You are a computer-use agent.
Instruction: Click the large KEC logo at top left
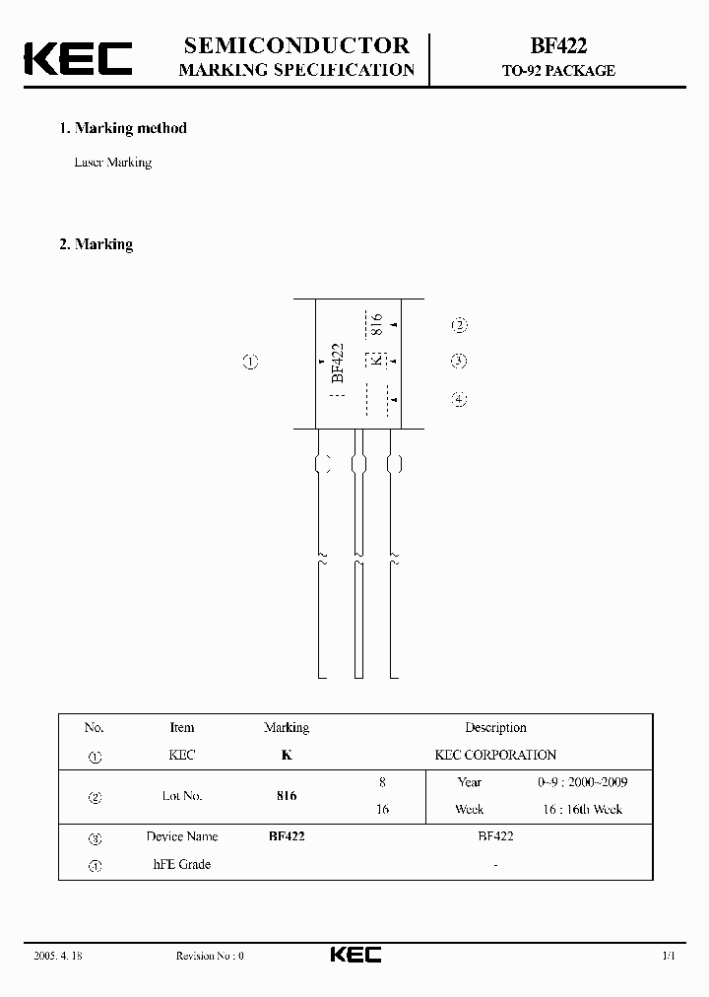pos(77,58)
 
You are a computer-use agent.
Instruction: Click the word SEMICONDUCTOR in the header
pos(296,45)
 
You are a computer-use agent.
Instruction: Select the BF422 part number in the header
pos(558,45)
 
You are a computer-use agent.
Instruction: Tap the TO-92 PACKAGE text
pos(558,71)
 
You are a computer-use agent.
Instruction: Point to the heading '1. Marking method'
pos(123,128)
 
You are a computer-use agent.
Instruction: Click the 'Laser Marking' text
pos(113,163)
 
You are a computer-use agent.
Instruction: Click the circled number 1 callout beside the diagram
pos(250,362)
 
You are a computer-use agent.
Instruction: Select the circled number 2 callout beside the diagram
pos(459,326)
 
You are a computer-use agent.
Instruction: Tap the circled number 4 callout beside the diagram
pos(459,399)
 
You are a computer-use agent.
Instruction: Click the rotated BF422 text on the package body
pos(338,363)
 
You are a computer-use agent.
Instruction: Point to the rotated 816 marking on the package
pos(375,324)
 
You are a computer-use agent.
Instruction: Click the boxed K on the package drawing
pos(374,361)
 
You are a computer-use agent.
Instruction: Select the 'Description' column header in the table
pos(495,728)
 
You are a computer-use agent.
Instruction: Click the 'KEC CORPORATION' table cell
pos(495,756)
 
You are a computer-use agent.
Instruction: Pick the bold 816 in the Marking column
pos(287,796)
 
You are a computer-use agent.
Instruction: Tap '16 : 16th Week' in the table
pos(580,810)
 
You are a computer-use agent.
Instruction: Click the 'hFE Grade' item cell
pos(182,865)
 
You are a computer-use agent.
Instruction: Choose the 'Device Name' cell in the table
pos(182,836)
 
